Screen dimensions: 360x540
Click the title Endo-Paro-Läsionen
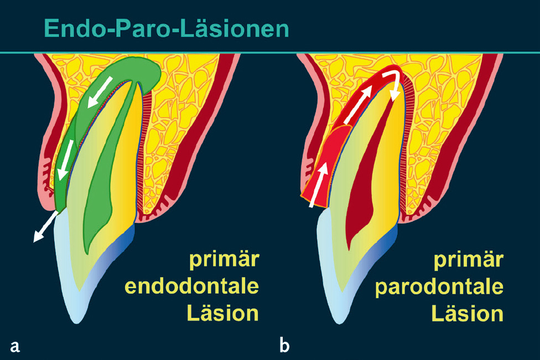(x=166, y=28)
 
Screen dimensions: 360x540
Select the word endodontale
(x=193, y=287)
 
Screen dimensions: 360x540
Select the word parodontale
(x=439, y=287)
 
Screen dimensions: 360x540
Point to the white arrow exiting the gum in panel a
(x=46, y=226)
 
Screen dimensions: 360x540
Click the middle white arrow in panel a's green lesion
(x=67, y=158)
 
